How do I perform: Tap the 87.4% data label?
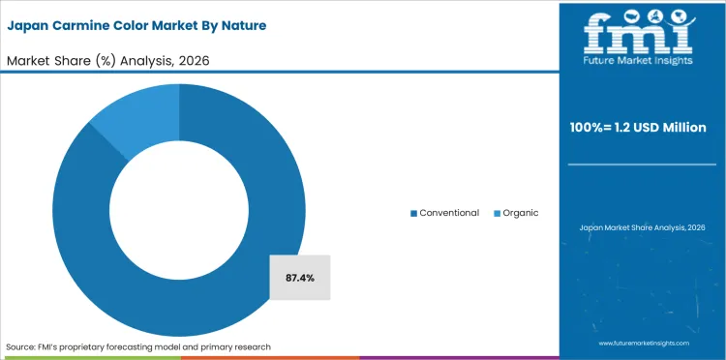pos(299,278)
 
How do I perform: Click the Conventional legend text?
pos(448,213)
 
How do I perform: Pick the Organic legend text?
pos(521,213)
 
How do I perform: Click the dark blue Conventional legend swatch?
pos(413,213)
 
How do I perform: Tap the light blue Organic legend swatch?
pos(498,213)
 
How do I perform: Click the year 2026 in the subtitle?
pos(194,60)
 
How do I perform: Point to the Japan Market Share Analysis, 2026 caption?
pos(642,227)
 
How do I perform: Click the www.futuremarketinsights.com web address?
pos(642,344)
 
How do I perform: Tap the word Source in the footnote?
pos(21,346)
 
